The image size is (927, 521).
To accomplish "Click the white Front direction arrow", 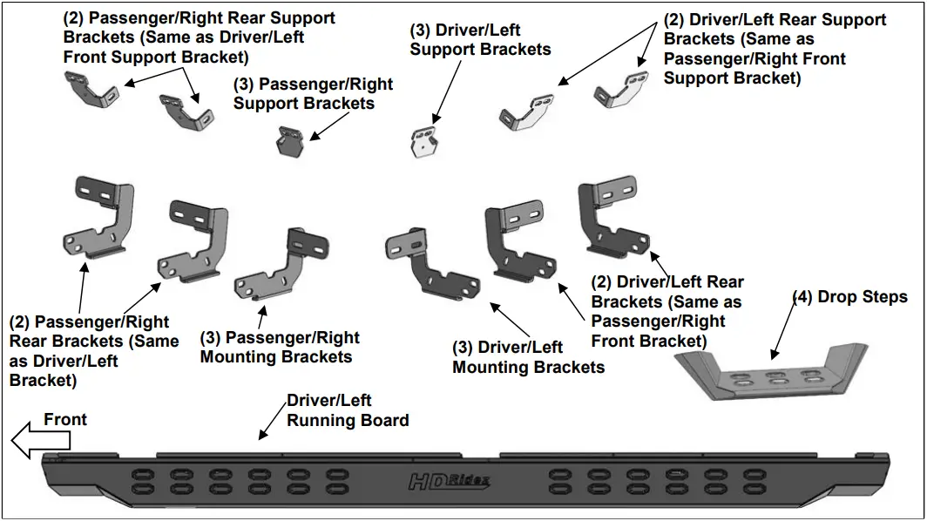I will (x=30, y=443).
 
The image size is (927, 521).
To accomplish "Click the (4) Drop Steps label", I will (x=849, y=297).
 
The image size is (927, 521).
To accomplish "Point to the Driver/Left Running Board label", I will (x=348, y=410).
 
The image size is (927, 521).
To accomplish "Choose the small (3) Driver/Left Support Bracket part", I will (x=425, y=141).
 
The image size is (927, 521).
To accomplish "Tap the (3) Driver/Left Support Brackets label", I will (x=480, y=39).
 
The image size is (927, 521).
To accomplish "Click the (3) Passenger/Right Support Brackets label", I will (x=313, y=94).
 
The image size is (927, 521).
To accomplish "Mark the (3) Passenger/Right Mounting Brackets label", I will (x=279, y=347).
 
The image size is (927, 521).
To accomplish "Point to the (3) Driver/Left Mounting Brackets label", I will (x=528, y=357).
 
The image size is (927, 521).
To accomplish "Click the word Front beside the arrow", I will (x=65, y=420).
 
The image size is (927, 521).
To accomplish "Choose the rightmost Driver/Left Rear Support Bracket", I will (x=621, y=90).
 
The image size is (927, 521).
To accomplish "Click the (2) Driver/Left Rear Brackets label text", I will (x=667, y=310).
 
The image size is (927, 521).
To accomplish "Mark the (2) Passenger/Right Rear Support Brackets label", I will (x=199, y=37).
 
